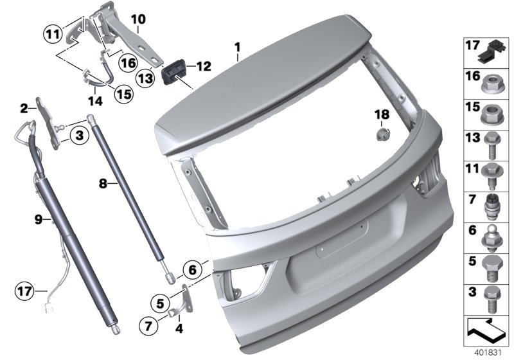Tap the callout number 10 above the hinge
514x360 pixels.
point(138,19)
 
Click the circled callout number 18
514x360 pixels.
point(382,114)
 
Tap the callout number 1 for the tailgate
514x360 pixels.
point(237,48)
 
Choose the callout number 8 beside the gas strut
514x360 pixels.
point(103,183)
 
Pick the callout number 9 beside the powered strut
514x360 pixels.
point(39,220)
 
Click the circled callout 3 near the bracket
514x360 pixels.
point(78,136)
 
